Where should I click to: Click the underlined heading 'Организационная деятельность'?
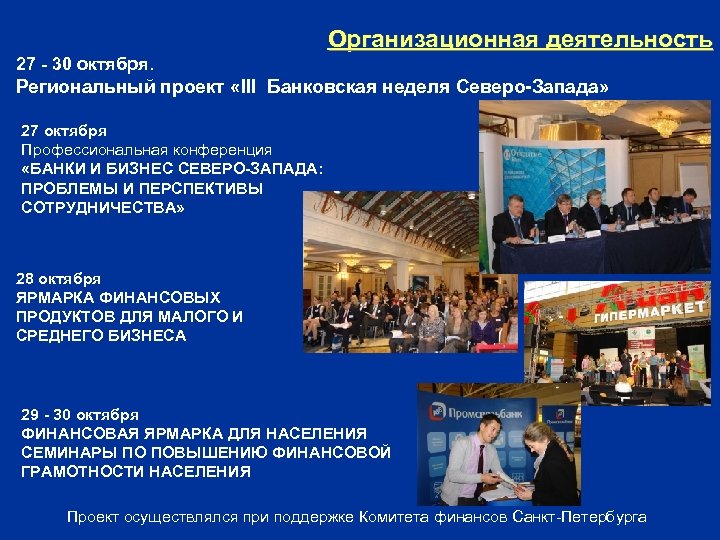(520, 40)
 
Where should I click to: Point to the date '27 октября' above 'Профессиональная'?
(64, 130)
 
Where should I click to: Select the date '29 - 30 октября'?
(80, 414)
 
